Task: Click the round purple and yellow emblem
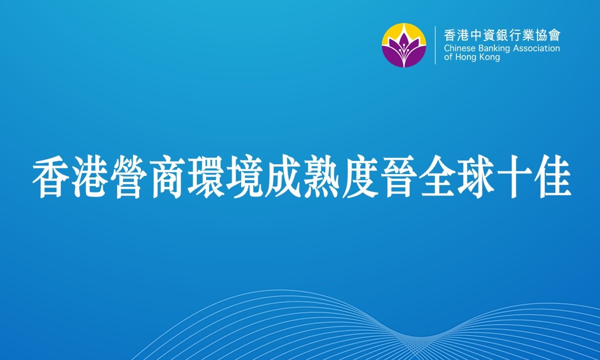pos(404,45)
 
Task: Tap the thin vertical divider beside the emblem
pos(435,45)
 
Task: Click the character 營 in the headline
pos(129,176)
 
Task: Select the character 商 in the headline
pos(168,176)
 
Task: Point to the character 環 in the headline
pos(207,176)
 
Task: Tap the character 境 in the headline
pos(245,176)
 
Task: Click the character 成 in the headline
pos(284,176)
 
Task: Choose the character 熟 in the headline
pos(323,176)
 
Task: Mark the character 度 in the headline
pos(361,176)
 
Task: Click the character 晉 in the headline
pos(400,176)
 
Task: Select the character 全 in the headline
pos(438,176)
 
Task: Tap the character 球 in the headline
pos(477,176)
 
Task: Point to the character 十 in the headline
pos(516,176)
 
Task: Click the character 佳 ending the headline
pos(553,176)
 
